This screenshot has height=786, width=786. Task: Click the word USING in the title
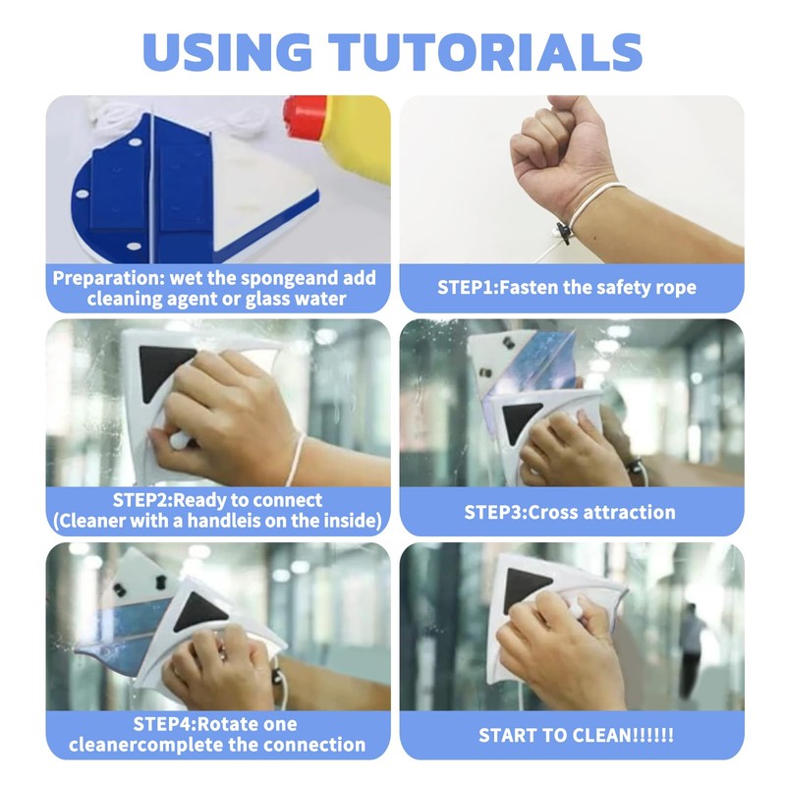227,52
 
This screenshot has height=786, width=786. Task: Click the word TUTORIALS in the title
485,52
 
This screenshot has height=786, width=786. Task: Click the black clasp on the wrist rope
564,233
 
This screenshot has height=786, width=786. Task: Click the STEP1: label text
469,288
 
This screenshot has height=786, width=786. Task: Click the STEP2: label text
142,500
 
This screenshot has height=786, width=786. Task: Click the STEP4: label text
164,724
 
